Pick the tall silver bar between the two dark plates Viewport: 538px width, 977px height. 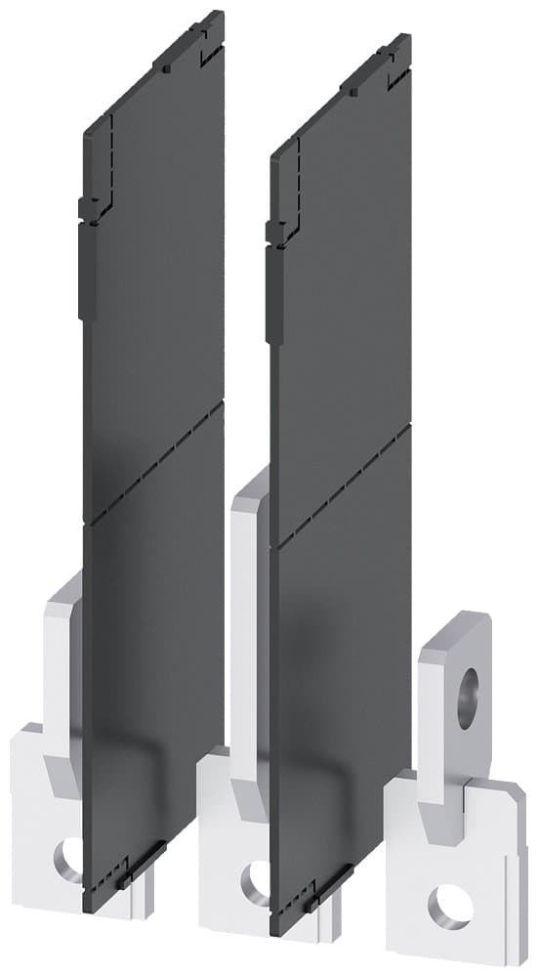click(x=249, y=606)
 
